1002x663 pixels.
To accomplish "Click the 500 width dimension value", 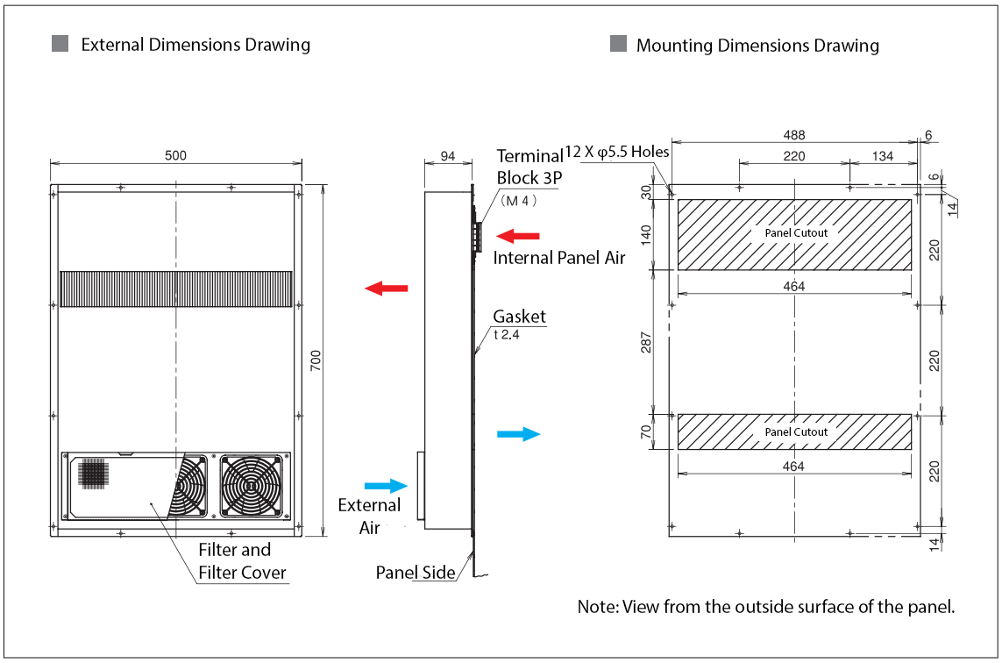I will click(x=175, y=156).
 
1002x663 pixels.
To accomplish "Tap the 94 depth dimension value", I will click(x=447, y=156).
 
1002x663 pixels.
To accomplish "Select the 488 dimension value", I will click(x=793, y=134).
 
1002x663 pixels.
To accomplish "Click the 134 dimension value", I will click(x=882, y=156).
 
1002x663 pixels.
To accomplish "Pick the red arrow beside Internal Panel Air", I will click(x=518, y=235).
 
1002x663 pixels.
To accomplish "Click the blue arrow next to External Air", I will click(x=386, y=485).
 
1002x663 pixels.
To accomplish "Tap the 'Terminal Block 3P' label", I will click(x=529, y=167).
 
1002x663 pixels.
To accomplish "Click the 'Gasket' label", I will click(x=519, y=317).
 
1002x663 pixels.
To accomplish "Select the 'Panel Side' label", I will click(x=416, y=573).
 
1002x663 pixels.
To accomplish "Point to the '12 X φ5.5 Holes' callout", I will click(x=616, y=152).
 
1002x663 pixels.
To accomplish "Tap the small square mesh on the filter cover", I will click(x=92, y=474).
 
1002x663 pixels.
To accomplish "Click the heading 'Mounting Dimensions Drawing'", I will click(x=757, y=46).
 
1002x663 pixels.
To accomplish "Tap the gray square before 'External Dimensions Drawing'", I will click(x=60, y=43).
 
